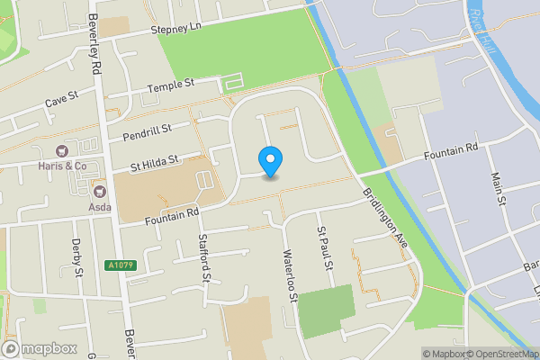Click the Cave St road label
62,104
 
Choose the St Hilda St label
156,162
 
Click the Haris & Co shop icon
63,151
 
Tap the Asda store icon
100,191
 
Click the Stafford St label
205,257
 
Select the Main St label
496,188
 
